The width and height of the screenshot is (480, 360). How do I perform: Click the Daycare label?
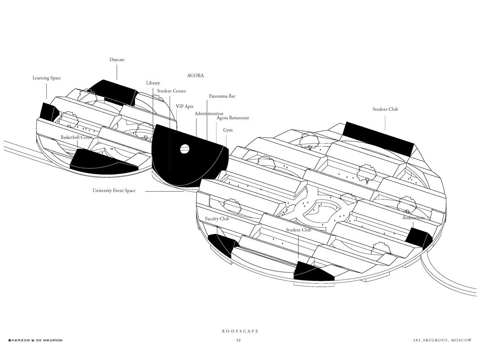coord(117,60)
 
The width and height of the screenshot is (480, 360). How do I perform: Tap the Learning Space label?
coord(46,78)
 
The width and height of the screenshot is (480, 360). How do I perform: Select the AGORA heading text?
coord(195,76)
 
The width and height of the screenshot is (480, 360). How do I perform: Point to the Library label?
coord(153,83)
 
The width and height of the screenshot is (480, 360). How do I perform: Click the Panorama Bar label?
coord(222,96)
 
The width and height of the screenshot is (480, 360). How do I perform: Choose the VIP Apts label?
coord(184,107)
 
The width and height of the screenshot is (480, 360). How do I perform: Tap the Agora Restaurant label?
coord(233,118)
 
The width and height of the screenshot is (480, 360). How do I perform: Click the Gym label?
coord(228,130)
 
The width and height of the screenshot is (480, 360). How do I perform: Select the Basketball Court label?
coord(76,137)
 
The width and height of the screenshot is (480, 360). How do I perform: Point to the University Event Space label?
coord(114,191)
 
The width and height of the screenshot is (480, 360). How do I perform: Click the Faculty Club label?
coord(217,219)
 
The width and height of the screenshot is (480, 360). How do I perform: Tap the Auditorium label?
coord(413,218)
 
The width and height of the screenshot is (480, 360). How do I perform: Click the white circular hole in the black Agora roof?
coord(184,148)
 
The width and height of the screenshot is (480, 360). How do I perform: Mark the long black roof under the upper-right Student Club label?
coord(378,138)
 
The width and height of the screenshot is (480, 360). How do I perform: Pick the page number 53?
coord(238,341)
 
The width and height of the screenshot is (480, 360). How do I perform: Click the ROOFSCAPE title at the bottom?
coord(240,331)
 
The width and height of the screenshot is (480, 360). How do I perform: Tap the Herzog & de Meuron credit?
coord(35,341)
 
